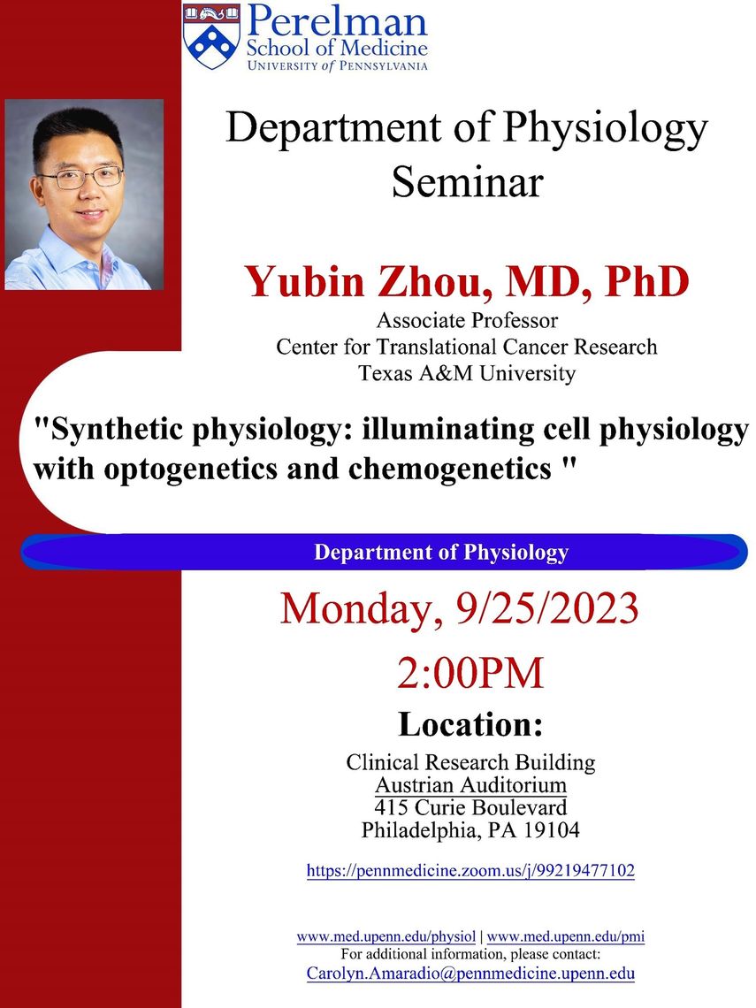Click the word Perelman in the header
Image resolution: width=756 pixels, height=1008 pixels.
tap(337, 21)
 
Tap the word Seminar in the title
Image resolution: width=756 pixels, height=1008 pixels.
tap(468, 182)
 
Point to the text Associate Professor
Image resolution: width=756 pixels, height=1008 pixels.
tap(468, 319)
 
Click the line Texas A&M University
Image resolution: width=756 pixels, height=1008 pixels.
tap(468, 373)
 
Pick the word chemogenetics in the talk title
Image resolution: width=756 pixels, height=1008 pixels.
tap(450, 469)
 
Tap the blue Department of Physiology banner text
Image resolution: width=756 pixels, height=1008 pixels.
tap(441, 553)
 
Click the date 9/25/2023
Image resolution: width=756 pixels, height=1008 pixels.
tap(547, 608)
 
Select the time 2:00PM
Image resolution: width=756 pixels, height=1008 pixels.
tap(470, 673)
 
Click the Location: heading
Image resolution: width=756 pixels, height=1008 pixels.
tap(470, 724)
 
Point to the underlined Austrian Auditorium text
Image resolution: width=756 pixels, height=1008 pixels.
tap(470, 785)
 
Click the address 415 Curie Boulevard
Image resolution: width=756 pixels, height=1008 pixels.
tap(470, 807)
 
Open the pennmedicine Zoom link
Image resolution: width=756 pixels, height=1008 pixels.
tap(470, 870)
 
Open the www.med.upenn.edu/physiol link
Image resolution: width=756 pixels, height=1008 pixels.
tap(386, 936)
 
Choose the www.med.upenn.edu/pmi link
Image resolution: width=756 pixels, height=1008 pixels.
tap(566, 936)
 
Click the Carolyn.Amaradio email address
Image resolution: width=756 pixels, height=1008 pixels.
tap(470, 973)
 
